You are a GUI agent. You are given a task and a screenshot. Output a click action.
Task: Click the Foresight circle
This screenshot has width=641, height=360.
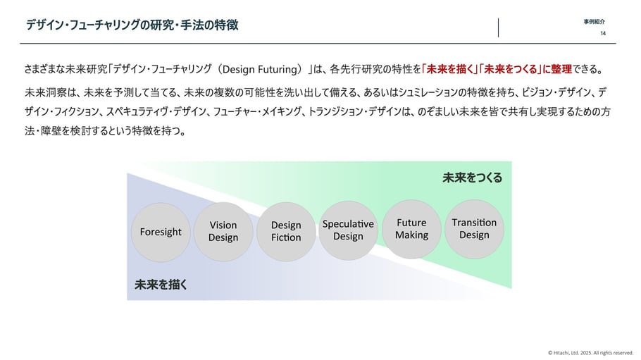(x=161, y=232)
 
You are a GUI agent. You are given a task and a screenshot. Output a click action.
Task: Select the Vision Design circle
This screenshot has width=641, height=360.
(x=223, y=232)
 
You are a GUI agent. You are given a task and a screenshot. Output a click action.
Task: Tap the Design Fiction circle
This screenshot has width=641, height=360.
(x=286, y=232)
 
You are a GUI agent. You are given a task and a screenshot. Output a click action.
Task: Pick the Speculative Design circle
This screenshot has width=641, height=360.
(x=348, y=230)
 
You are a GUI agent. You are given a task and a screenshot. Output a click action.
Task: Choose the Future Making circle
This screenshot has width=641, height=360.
(x=411, y=229)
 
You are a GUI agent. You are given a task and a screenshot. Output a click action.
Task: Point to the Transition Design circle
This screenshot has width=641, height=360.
(x=474, y=229)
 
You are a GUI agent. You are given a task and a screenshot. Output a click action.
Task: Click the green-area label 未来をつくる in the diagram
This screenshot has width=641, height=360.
(x=472, y=178)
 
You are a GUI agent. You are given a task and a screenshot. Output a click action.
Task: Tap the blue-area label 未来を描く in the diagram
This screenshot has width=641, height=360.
(x=161, y=285)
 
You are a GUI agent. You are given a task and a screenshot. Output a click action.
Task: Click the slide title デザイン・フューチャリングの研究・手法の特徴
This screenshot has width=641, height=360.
(x=132, y=25)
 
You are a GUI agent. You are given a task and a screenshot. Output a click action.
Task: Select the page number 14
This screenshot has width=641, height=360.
(x=603, y=34)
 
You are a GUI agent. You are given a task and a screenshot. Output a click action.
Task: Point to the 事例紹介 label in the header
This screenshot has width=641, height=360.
(x=595, y=22)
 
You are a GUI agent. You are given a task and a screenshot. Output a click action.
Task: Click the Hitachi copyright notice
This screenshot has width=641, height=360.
(x=591, y=353)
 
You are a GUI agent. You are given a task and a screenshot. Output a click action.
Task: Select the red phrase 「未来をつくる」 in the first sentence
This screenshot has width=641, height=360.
(x=510, y=69)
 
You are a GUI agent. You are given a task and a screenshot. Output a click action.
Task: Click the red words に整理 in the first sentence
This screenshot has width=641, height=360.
(x=556, y=69)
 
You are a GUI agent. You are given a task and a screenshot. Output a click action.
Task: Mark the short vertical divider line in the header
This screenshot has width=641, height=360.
(x=498, y=27)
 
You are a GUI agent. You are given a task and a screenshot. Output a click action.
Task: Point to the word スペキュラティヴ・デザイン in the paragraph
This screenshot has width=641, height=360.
(x=156, y=112)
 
